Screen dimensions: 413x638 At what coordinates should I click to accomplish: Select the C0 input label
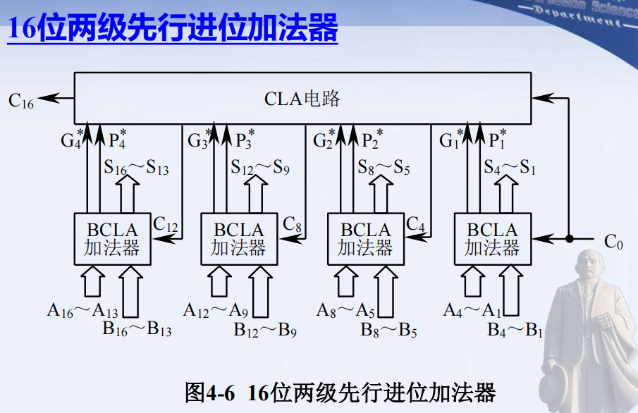613,242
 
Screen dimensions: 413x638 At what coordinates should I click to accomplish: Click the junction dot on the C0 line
569,239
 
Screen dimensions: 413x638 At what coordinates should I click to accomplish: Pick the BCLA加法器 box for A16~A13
112,239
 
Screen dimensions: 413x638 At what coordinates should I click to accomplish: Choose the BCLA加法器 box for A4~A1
492,239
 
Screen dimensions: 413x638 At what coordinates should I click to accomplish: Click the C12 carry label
166,225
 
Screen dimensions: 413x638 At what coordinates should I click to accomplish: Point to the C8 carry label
293,225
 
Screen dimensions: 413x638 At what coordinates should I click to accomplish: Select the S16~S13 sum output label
136,168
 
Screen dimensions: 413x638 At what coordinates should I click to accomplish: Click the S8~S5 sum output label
384,168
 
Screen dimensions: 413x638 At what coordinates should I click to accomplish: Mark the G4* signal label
71,139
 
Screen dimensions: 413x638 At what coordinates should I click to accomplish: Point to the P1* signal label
498,139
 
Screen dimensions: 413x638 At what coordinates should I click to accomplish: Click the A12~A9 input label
216,310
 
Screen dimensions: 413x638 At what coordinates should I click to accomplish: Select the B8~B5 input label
388,329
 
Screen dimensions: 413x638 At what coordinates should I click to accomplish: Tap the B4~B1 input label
515,329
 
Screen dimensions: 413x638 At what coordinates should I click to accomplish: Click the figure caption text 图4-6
209,393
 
